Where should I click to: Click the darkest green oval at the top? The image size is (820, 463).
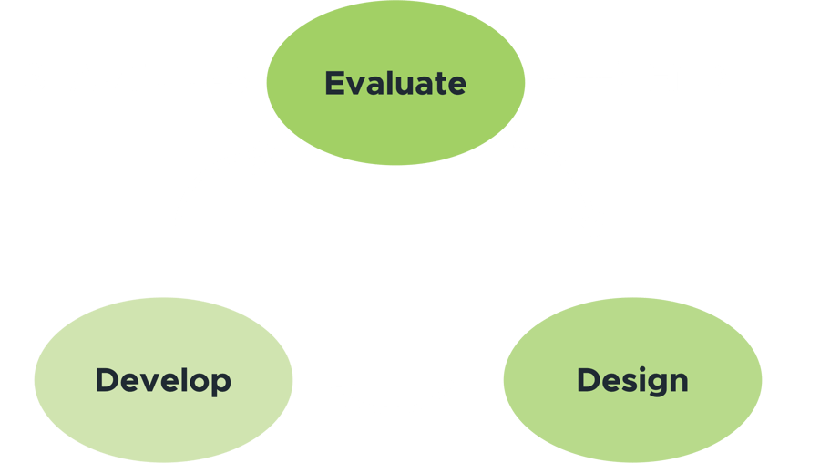point(395,83)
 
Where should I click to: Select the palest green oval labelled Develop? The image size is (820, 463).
point(163,380)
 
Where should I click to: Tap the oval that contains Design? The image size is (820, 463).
point(633,380)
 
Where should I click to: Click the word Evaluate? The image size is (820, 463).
point(395,83)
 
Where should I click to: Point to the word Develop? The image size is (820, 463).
point(163,381)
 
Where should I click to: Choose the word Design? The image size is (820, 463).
point(633,381)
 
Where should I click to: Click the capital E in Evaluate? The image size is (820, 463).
point(334,83)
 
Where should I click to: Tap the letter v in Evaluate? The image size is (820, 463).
point(355,87)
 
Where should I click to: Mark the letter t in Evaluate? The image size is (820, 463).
point(441,85)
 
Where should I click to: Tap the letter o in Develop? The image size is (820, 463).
point(200,384)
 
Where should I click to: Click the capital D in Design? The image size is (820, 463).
point(589,380)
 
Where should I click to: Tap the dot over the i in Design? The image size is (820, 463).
point(642,369)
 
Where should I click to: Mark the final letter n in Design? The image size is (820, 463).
point(679,383)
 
